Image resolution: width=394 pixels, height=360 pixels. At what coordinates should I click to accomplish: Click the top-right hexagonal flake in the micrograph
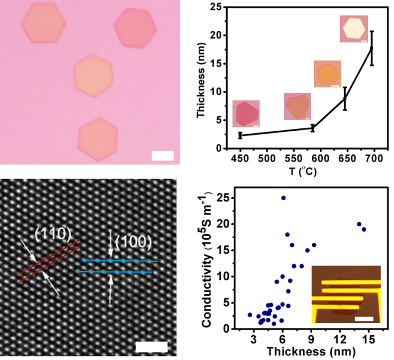click(x=135, y=28)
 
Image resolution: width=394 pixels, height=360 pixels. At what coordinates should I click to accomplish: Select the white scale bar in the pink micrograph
click(x=163, y=156)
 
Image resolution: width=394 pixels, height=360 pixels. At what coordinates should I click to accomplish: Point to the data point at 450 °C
click(x=239, y=135)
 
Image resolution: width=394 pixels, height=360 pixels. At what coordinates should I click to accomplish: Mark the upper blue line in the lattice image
click(x=119, y=260)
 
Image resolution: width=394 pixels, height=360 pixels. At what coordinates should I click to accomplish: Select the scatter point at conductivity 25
click(x=283, y=198)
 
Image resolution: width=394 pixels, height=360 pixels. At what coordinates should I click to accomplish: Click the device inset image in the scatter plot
click(x=345, y=295)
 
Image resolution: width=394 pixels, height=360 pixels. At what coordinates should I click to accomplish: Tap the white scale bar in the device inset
click(x=362, y=319)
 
